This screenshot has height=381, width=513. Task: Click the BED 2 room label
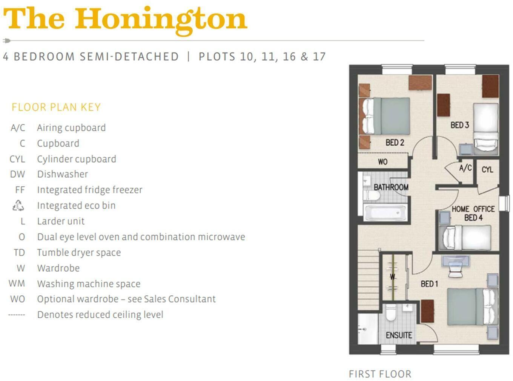click(x=395, y=143)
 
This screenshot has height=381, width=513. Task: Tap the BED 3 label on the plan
click(x=459, y=125)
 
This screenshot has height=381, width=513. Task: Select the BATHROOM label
click(x=391, y=187)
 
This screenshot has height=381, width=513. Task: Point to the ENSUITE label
click(x=399, y=335)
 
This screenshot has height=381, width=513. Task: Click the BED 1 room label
click(x=429, y=284)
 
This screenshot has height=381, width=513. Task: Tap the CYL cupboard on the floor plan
click(x=487, y=170)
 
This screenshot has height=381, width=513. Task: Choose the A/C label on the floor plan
click(x=465, y=168)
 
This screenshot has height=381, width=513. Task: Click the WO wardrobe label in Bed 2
click(x=382, y=162)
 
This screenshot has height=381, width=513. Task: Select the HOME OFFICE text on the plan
click(x=473, y=209)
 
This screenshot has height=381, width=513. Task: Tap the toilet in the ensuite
click(x=391, y=313)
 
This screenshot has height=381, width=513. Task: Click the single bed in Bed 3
click(x=485, y=128)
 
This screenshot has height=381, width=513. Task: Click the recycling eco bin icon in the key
click(x=18, y=206)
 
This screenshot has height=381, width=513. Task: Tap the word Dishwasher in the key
click(x=62, y=174)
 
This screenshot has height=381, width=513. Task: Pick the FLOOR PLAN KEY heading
click(x=56, y=108)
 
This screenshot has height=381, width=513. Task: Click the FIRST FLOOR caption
click(x=380, y=374)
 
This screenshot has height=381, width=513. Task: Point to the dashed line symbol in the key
click(x=17, y=315)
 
